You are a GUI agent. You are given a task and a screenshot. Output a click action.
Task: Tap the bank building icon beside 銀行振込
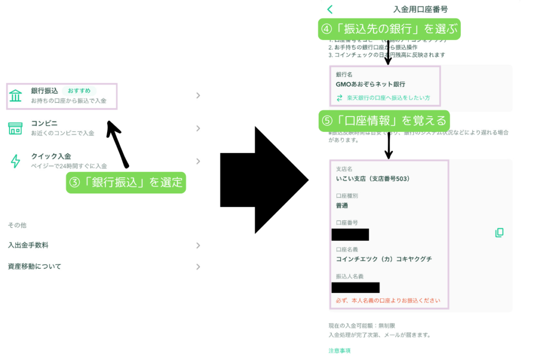pyautogui.click(x=16, y=95)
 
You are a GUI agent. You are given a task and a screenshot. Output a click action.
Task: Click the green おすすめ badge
pyautogui.click(x=79, y=91)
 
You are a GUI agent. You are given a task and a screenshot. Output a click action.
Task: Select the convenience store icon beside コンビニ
pyautogui.click(x=16, y=128)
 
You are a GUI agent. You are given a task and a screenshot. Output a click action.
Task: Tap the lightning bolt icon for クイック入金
pyautogui.click(x=16, y=161)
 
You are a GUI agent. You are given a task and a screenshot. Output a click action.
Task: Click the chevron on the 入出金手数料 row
pyautogui.click(x=198, y=245)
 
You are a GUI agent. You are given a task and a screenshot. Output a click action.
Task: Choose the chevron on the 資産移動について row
pyautogui.click(x=198, y=267)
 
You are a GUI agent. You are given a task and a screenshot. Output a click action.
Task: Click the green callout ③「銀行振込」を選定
pyautogui.click(x=126, y=183)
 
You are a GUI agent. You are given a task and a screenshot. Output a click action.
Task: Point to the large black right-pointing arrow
pyautogui.click(x=264, y=180)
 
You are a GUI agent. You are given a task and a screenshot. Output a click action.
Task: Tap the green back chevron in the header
pyautogui.click(x=330, y=9)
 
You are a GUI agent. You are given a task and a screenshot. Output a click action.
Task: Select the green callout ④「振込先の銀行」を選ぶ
pyautogui.click(x=389, y=28)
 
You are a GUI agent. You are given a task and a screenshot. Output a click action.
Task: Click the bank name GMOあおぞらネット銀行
pyautogui.click(x=370, y=84)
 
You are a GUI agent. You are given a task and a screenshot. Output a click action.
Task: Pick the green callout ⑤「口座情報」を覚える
pyautogui.click(x=384, y=121)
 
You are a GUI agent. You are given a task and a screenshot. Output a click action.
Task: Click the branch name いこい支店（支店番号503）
pyautogui.click(x=373, y=179)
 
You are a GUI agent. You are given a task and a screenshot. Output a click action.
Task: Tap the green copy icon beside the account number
pyautogui.click(x=499, y=232)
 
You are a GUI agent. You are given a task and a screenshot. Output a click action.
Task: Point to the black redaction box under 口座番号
pyautogui.click(x=350, y=235)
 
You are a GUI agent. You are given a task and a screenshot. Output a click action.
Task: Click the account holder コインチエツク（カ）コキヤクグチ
pyautogui.click(x=384, y=259)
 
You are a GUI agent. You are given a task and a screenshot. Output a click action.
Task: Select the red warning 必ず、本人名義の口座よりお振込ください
pyautogui.click(x=388, y=300)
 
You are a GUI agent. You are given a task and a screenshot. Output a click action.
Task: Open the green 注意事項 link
pyautogui.click(x=340, y=351)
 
